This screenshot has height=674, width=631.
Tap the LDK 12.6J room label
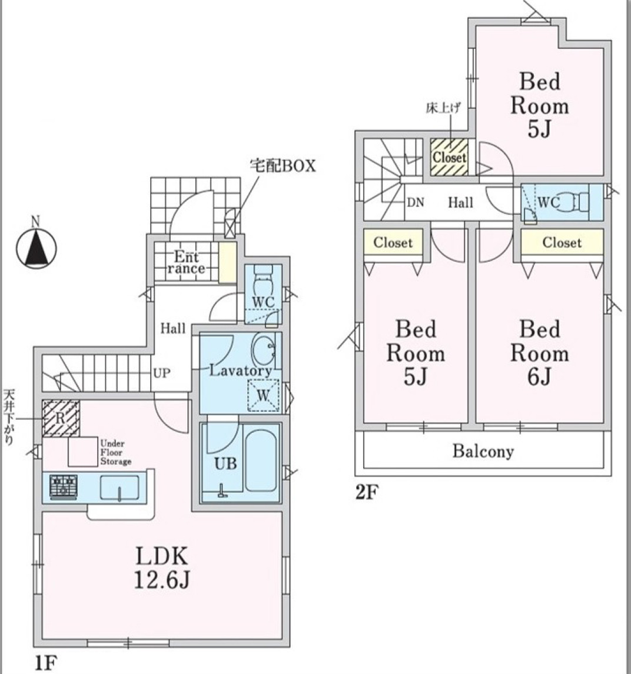coord(162,568)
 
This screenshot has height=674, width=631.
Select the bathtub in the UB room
coord(261,461)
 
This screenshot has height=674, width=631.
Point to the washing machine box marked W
coord(263,395)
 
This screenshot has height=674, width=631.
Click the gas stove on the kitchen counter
coord(63,487)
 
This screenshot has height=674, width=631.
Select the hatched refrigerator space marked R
coord(61,418)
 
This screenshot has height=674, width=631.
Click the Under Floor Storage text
coord(115,452)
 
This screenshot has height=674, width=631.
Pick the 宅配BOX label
coord(283,166)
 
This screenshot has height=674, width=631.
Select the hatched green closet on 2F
coord(449,157)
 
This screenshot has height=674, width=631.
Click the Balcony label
coord(483,451)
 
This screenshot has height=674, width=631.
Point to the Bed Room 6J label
coord(539,352)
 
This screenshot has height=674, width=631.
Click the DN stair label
coord(416,202)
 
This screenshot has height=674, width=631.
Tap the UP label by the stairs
coord(162,373)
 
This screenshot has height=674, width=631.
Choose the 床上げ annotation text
coord(443,108)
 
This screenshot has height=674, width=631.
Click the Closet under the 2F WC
coord(562,242)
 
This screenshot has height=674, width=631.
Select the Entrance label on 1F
coord(186,263)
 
